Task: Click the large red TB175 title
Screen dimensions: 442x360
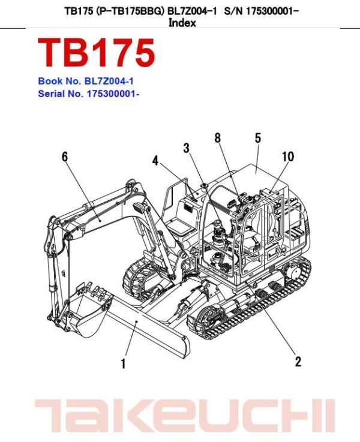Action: (x=97, y=53)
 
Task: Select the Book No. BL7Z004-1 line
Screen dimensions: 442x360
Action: (x=89, y=81)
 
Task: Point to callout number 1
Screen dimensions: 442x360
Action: (x=123, y=363)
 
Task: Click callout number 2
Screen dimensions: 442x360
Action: (x=298, y=361)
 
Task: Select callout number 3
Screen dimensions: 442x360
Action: (x=187, y=148)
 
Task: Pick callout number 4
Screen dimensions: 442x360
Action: (x=155, y=161)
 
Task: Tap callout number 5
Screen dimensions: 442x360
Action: (x=257, y=138)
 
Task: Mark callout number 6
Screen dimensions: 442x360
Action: (x=64, y=157)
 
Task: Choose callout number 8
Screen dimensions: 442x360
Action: (x=218, y=138)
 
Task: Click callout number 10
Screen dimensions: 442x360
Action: (x=288, y=157)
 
